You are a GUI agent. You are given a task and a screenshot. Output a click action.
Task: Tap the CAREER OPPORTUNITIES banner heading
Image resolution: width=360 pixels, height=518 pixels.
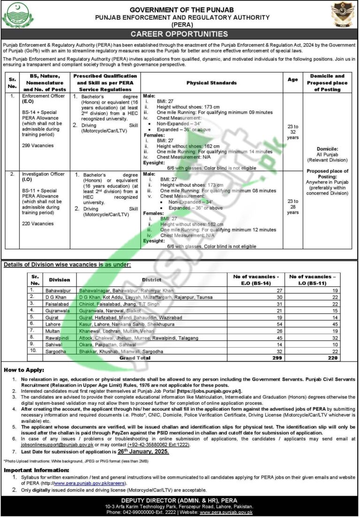(180, 34)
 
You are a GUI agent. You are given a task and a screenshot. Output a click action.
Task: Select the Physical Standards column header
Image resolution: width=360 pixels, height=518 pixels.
(211, 83)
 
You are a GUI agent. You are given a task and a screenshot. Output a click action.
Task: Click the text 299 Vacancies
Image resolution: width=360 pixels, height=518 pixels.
(38, 146)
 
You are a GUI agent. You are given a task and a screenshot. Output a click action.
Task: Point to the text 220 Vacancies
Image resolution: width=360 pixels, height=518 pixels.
(38, 224)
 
